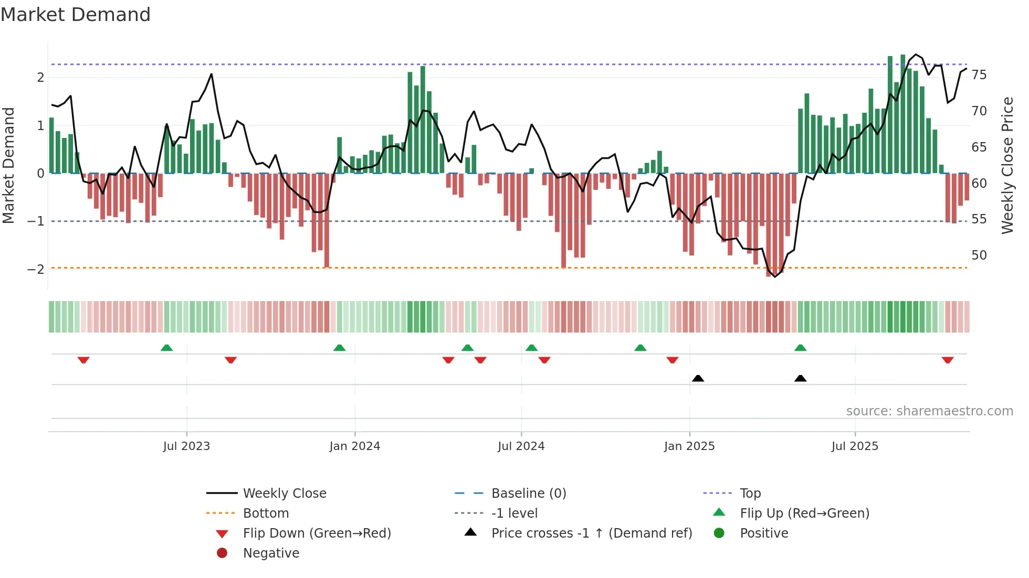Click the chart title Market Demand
[x=76, y=15]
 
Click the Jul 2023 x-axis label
[x=186, y=446]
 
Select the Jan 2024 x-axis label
[x=355, y=446]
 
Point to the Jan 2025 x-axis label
[x=689, y=446]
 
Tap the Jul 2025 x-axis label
[x=855, y=446]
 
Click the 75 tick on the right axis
[x=979, y=75]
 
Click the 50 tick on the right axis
[x=979, y=255]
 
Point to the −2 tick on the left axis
[x=36, y=270]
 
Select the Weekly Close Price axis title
[x=1007, y=165]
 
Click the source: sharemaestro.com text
[x=929, y=411]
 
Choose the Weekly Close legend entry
[x=285, y=494]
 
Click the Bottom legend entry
[x=266, y=513]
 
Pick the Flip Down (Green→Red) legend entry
[x=317, y=533]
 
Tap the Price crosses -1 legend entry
[x=592, y=533]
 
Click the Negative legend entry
[x=271, y=553]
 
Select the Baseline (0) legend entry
[x=529, y=494]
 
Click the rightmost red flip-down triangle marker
[x=948, y=360]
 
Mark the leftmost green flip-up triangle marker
[x=166, y=348]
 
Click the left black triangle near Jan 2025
[x=698, y=378]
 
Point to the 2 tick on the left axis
[x=40, y=78]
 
